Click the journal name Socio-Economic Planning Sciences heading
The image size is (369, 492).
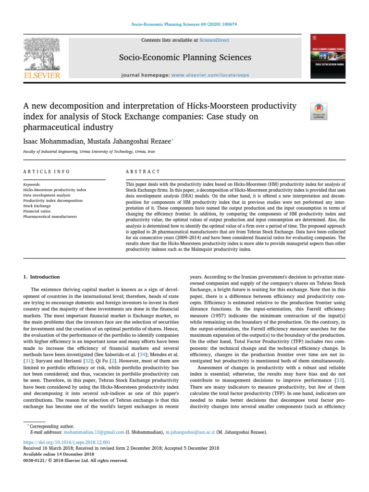[x=185, y=58]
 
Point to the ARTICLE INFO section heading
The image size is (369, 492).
[x=47, y=172]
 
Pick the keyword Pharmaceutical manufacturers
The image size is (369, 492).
[x=49, y=216]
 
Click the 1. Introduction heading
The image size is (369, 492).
[x=42, y=277]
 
